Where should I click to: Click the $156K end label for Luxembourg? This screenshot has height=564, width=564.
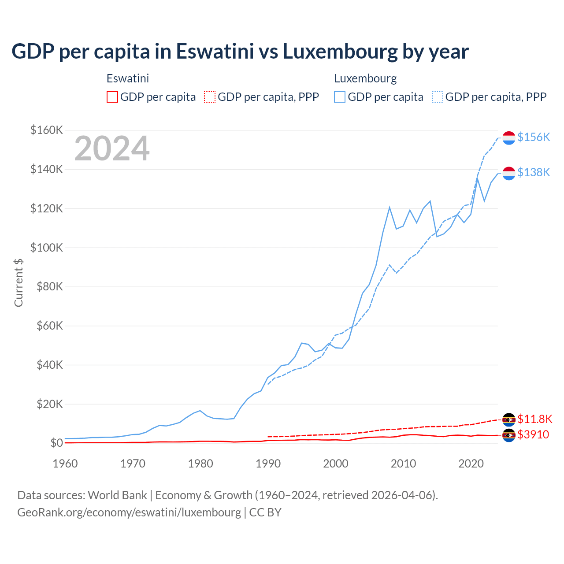click(x=534, y=137)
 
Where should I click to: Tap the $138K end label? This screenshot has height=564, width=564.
click(x=534, y=172)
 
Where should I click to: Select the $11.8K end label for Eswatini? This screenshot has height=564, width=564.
click(x=535, y=419)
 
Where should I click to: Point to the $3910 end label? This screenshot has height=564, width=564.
click(x=533, y=435)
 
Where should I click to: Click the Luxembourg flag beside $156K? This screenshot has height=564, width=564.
click(x=509, y=137)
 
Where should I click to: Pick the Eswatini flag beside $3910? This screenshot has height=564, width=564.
click(x=509, y=435)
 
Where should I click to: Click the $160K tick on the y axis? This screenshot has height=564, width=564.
click(x=47, y=130)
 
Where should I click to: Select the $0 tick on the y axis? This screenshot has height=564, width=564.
click(x=56, y=443)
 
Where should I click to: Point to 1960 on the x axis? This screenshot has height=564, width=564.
click(x=65, y=464)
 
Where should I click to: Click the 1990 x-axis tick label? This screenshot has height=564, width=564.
click(x=268, y=464)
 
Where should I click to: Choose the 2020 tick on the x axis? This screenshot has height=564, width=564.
click(x=471, y=464)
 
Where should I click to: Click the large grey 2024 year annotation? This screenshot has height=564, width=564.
click(x=112, y=149)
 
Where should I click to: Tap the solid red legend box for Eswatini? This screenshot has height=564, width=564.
click(x=112, y=97)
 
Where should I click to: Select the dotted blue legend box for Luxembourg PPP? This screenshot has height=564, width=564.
click(x=438, y=97)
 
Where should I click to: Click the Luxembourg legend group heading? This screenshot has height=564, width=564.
click(x=365, y=78)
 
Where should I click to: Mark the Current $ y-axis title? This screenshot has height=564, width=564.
click(x=19, y=283)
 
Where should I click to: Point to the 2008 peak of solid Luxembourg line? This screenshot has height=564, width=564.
click(x=390, y=207)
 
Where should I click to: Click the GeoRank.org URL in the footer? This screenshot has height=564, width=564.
click(x=129, y=512)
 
